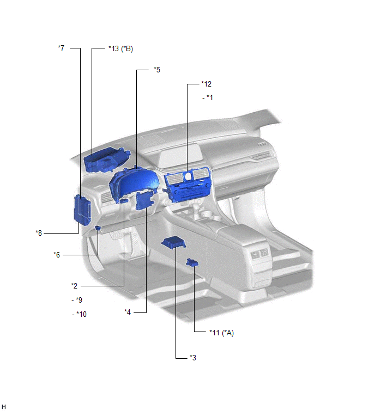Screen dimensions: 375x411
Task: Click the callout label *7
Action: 61,48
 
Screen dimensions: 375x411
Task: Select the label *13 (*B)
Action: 120,49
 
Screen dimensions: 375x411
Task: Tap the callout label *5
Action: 156,70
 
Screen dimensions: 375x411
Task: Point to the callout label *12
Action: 206,84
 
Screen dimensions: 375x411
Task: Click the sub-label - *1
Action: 208,97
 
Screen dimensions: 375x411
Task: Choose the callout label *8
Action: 39,233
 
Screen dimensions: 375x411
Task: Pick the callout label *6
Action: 57,255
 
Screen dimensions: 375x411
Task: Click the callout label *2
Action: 74,286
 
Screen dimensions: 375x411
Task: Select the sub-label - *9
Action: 77,300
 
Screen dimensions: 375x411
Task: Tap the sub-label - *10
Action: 79,314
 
